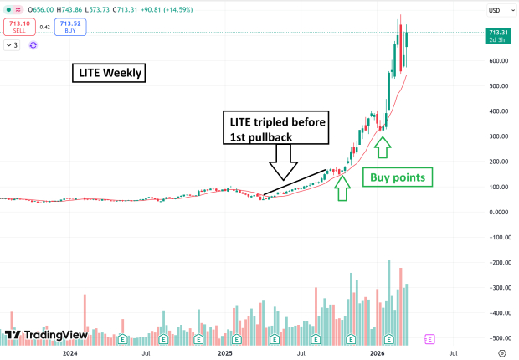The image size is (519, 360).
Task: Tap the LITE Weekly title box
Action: click(x=107, y=74)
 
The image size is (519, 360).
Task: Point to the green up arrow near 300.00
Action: click(x=382, y=147)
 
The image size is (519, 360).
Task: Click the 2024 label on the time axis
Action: click(x=69, y=354)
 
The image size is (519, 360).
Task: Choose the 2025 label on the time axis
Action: click(x=225, y=354)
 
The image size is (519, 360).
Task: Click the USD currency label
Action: click(x=494, y=10)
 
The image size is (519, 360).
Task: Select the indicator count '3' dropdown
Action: click(x=12, y=44)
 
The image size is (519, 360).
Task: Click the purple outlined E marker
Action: click(x=429, y=339)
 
